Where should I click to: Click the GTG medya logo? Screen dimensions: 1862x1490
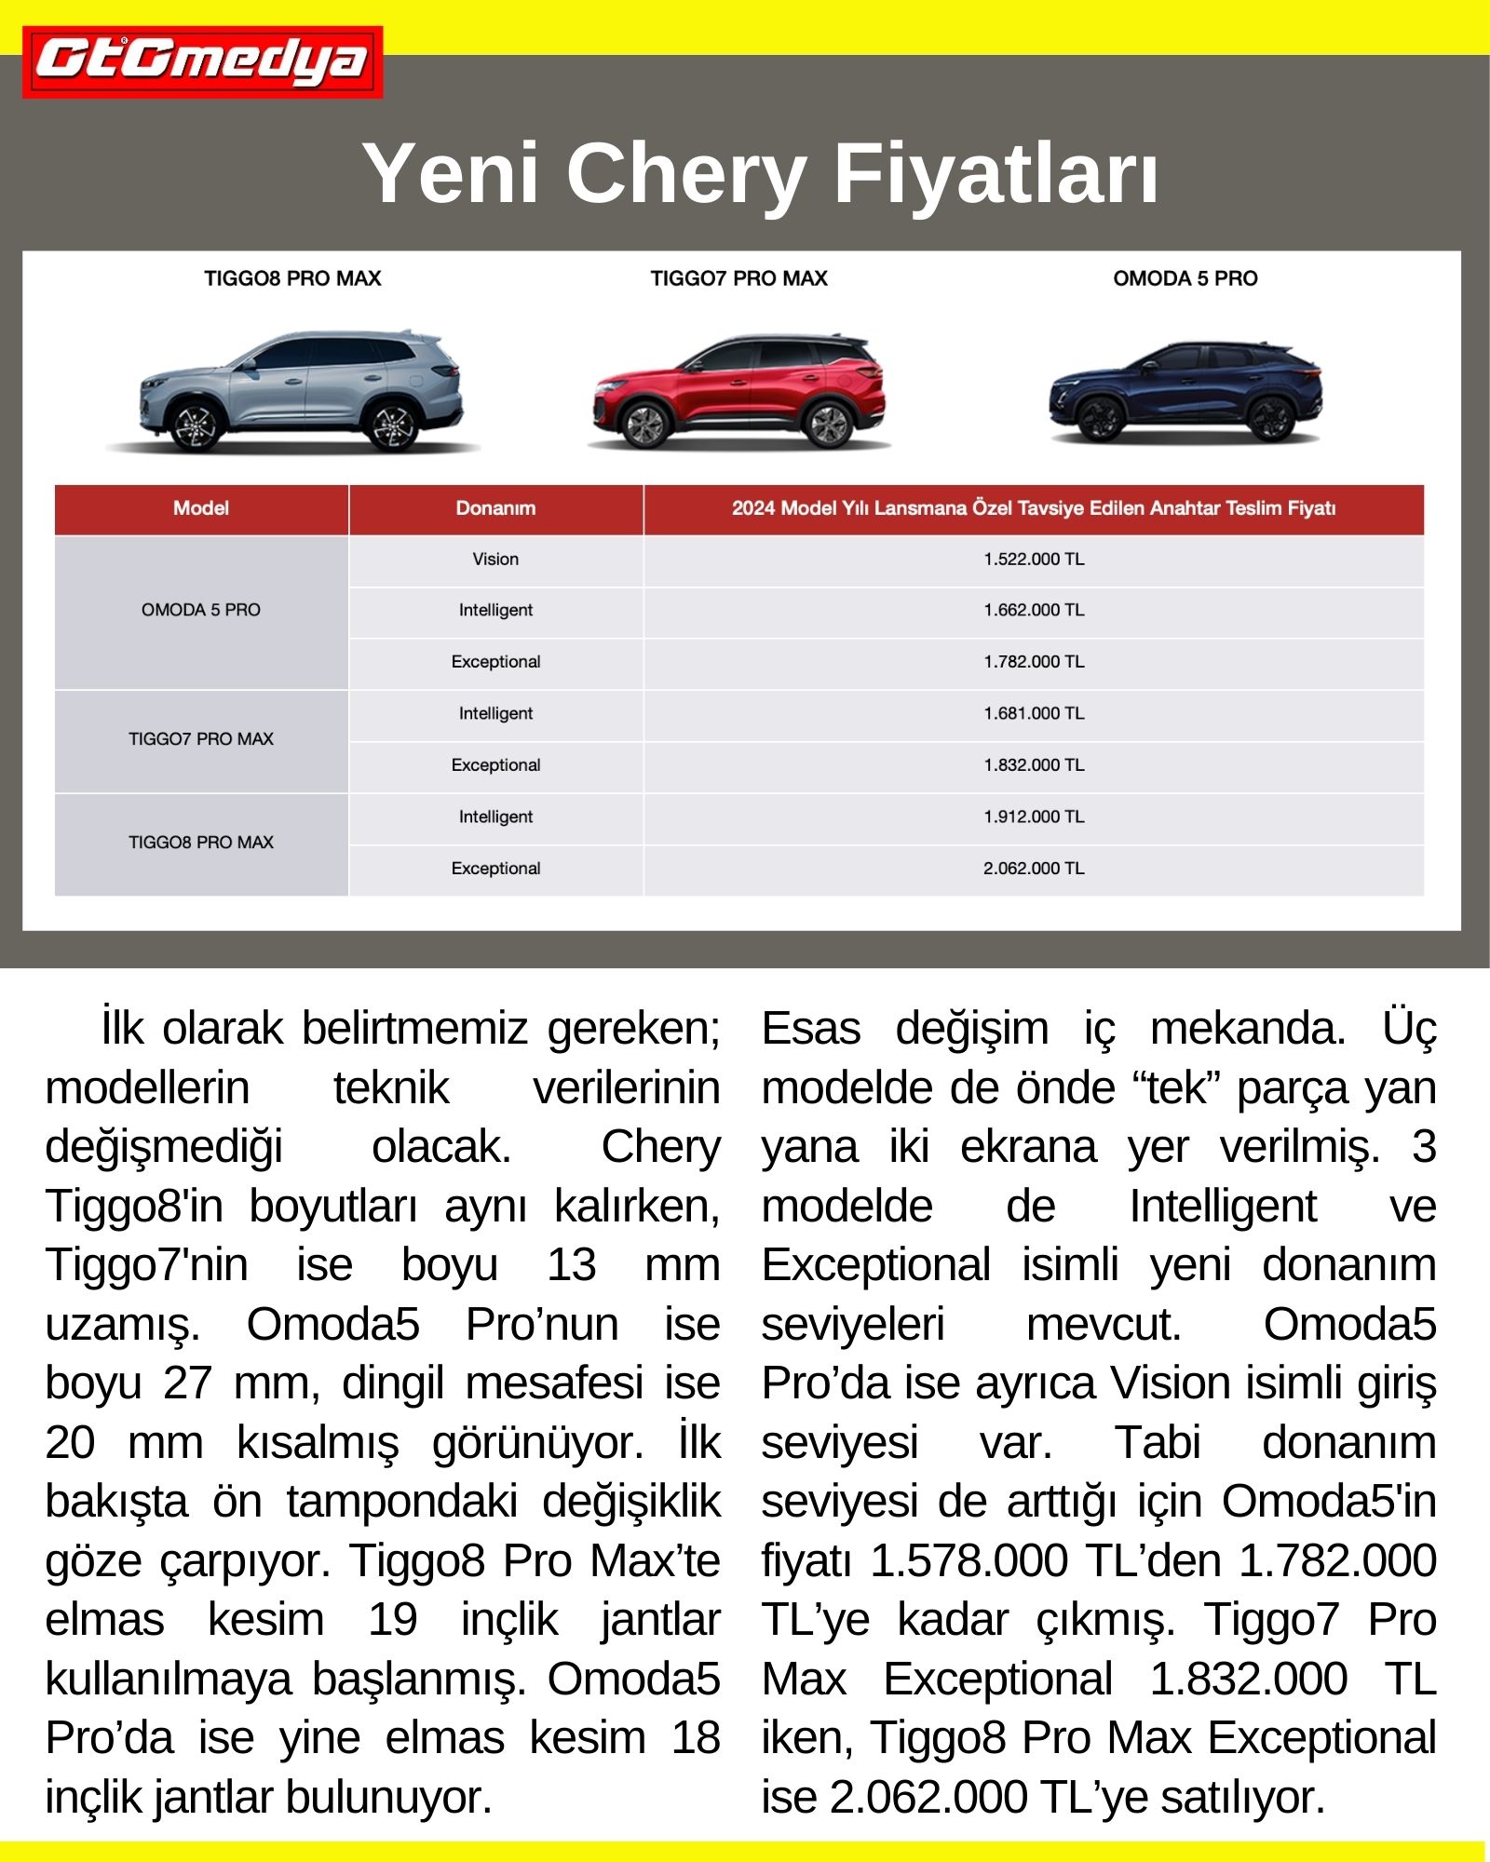[202, 62]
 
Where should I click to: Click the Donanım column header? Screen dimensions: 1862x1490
[495, 508]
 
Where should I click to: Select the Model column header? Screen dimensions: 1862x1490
[201, 508]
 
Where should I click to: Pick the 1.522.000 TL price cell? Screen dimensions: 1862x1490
[1034, 560]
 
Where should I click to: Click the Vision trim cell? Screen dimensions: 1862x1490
[495, 560]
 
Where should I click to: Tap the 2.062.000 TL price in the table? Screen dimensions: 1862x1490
[1034, 869]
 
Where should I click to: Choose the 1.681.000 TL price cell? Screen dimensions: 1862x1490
[1034, 714]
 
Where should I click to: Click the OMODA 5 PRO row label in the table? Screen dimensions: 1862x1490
[201, 611]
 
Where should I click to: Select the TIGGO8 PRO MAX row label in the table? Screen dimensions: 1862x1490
[201, 843]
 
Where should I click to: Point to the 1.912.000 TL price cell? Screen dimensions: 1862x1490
[1034, 817]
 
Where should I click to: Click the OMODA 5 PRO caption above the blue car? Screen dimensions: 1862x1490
[1185, 278]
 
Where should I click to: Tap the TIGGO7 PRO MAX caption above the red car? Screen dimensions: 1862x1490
[738, 278]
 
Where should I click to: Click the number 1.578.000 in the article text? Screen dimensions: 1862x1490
[968, 1560]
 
